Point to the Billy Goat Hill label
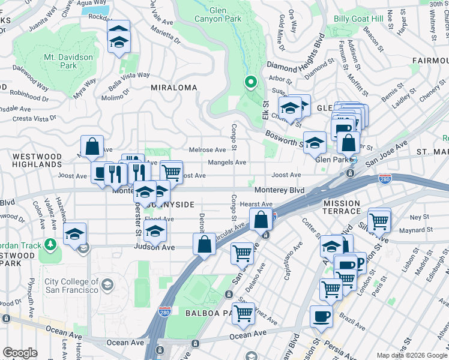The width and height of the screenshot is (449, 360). [x=358, y=19]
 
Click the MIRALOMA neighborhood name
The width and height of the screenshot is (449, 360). [x=174, y=88]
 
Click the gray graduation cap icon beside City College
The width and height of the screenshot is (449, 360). [x=107, y=284]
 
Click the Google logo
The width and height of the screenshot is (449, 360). [x=20, y=352]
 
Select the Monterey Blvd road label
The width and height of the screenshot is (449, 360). [x=279, y=190]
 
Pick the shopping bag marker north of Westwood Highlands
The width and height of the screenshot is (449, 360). [x=92, y=146]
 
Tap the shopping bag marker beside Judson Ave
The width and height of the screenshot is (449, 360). [x=203, y=244]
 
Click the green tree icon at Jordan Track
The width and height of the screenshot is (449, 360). [x=50, y=245]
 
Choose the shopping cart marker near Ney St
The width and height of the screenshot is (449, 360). [x=379, y=221]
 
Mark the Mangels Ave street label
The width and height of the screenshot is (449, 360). [x=227, y=162]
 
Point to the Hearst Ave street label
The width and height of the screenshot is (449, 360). [x=256, y=204]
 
